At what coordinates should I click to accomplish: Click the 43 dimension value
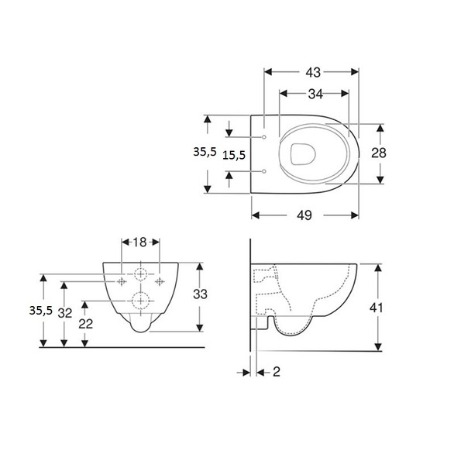tap(313, 72)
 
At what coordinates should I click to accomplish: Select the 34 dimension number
tap(315, 94)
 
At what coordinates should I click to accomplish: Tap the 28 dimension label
tap(378, 153)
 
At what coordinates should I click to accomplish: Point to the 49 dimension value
tap(304, 215)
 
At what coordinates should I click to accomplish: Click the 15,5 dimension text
tap(234, 155)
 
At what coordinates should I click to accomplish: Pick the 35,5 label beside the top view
tap(205, 152)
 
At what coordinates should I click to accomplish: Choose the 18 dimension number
tap(140, 242)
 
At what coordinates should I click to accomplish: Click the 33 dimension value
tap(201, 294)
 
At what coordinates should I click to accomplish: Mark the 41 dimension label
tap(376, 308)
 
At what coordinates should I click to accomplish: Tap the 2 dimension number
tap(277, 372)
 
